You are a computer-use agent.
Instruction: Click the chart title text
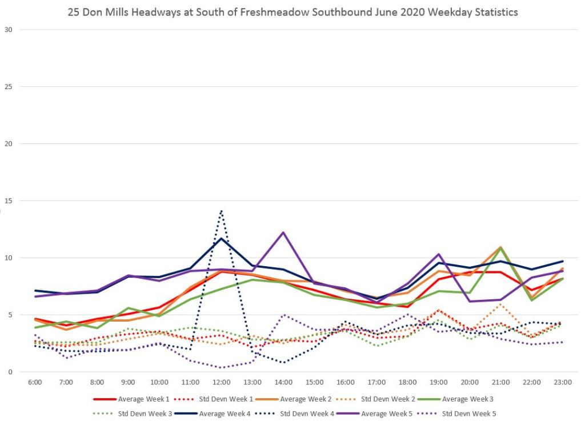(x=292, y=11)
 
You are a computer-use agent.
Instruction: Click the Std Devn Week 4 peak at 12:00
(x=221, y=211)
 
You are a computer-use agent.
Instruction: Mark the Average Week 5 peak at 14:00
(x=283, y=232)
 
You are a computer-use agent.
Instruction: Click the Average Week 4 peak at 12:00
(x=221, y=238)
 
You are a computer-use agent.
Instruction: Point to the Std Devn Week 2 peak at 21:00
(x=500, y=304)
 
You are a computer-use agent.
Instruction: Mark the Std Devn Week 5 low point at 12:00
(x=221, y=367)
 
